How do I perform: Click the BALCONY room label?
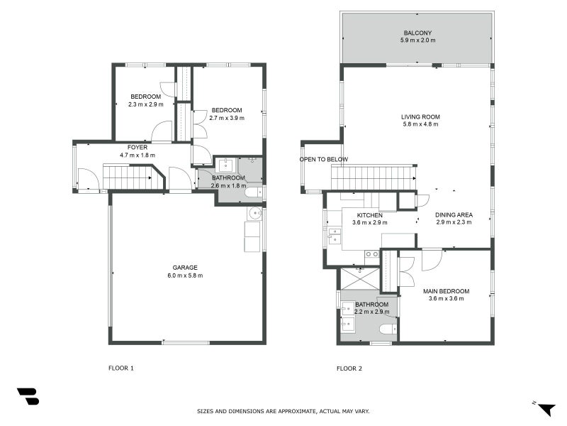pyautogui.click(x=417, y=33)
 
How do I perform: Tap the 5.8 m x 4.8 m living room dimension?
pyautogui.click(x=420, y=124)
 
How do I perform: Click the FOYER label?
pyautogui.click(x=137, y=147)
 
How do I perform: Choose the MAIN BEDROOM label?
pyautogui.click(x=447, y=291)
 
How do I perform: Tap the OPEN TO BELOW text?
pyautogui.click(x=323, y=159)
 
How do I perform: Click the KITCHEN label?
pyautogui.click(x=369, y=215)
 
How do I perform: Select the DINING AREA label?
pyautogui.click(x=454, y=214)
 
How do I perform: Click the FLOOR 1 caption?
pyautogui.click(x=120, y=368)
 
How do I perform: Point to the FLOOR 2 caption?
pyautogui.click(x=349, y=368)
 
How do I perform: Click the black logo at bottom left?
pyautogui.click(x=28, y=396)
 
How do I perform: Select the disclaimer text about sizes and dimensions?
pyautogui.click(x=283, y=411)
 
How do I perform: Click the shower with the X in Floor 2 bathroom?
pyautogui.click(x=360, y=278)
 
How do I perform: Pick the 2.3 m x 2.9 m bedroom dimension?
pyautogui.click(x=146, y=104)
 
